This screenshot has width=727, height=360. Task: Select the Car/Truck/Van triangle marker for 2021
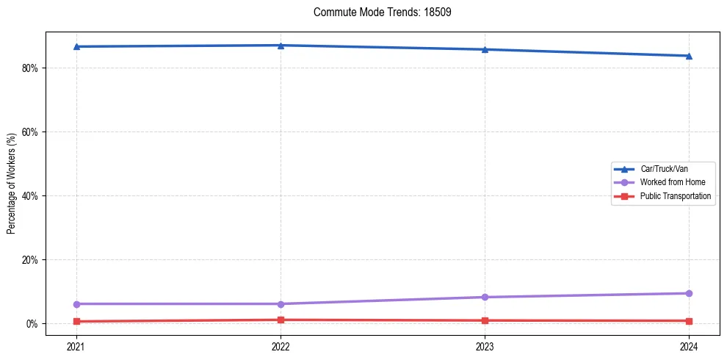(x=76, y=46)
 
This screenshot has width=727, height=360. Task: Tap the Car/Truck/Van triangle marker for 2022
(x=281, y=46)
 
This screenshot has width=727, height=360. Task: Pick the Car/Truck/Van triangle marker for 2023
(x=485, y=49)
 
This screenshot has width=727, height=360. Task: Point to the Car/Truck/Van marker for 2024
(x=689, y=56)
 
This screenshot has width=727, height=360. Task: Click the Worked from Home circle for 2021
(x=76, y=303)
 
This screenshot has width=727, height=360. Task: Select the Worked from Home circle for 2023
(x=485, y=297)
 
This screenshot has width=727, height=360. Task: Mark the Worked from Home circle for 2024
(x=689, y=293)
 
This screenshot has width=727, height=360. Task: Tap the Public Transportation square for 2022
(x=281, y=320)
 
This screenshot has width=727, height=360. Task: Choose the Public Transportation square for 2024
(x=689, y=321)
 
